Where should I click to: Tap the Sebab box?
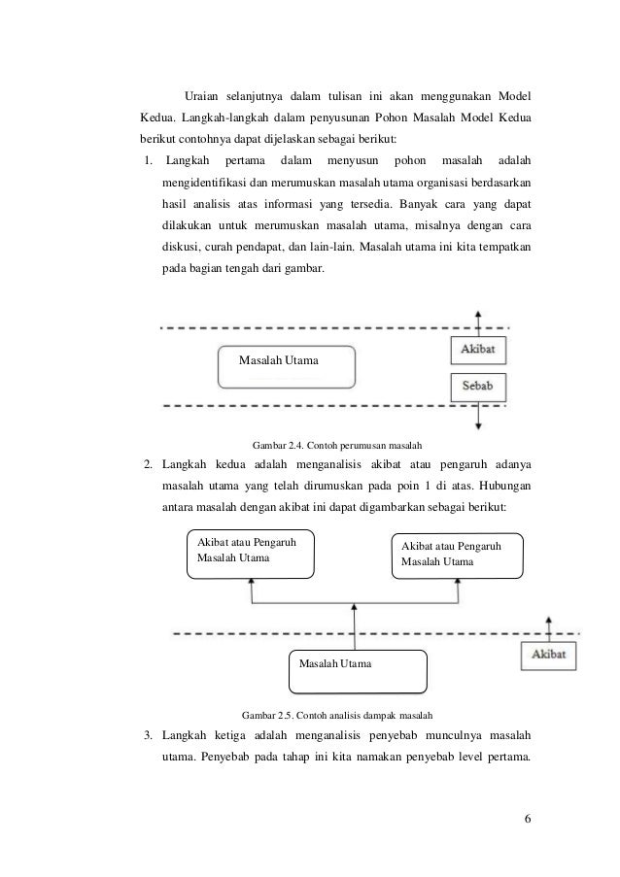tap(478, 386)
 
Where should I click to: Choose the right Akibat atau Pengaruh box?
tap(457, 556)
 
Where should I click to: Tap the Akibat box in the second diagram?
tap(550, 656)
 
